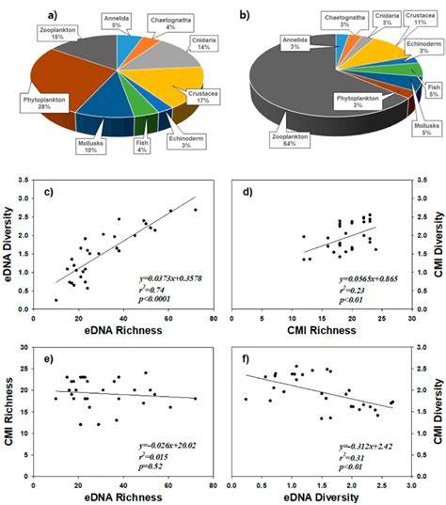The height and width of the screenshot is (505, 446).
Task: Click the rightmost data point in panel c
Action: pos(196,210)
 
